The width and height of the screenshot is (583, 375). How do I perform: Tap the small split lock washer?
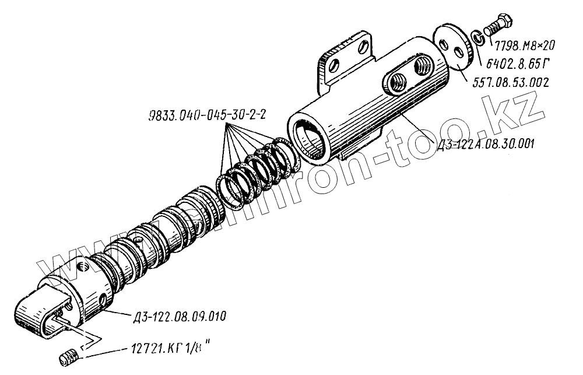(x=477, y=38)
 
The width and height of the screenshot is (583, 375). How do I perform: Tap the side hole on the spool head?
(x=104, y=300)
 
